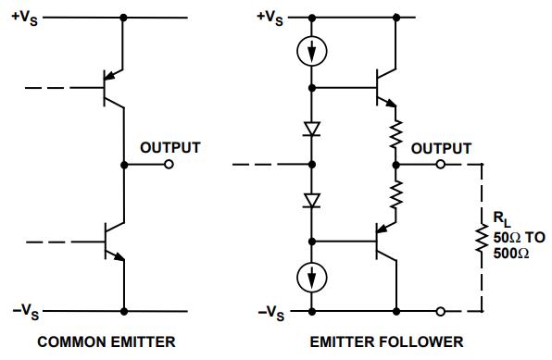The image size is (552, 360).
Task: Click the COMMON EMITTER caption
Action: point(107,342)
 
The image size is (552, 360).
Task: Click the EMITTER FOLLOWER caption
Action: point(386,342)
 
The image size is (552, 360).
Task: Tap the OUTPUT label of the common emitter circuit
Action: point(170,148)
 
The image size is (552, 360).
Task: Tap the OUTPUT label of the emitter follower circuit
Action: point(441,148)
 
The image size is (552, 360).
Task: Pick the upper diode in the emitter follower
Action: point(312,129)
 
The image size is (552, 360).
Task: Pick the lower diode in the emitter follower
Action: point(312,201)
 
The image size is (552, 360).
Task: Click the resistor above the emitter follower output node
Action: point(396,133)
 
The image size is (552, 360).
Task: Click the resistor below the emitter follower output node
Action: point(396,194)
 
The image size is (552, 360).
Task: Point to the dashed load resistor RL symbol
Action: point(482,238)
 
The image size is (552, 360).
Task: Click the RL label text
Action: point(502,219)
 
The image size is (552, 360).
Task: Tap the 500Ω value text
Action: point(511,254)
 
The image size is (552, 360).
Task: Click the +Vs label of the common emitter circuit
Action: point(25,18)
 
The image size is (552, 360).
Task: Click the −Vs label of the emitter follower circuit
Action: point(271,313)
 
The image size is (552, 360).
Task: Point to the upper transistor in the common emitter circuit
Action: point(113,88)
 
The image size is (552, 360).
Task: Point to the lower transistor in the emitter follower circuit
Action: point(386,242)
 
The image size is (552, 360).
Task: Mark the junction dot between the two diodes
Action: point(312,165)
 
